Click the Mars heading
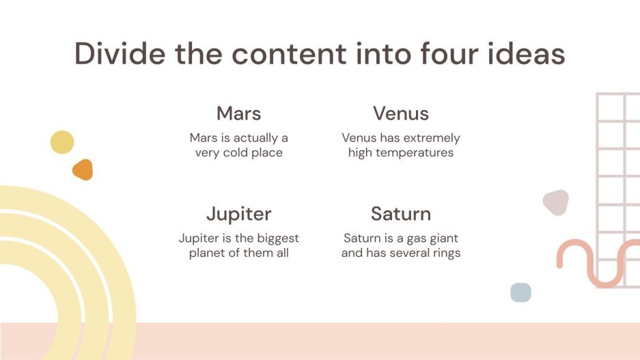(x=238, y=113)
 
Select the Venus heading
(x=400, y=113)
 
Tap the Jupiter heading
(x=238, y=214)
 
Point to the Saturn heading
(x=400, y=214)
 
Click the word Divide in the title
(x=119, y=54)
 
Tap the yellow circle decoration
(x=62, y=142)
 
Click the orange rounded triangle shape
(x=83, y=170)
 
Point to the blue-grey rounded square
(x=520, y=292)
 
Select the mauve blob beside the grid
(x=555, y=202)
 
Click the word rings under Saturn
(x=444, y=253)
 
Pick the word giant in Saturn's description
(x=443, y=238)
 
